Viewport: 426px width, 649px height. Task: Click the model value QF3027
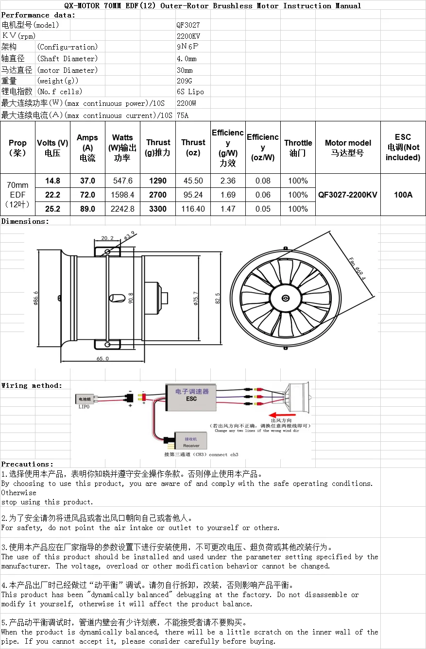click(x=188, y=25)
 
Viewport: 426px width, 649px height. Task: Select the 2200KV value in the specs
click(x=188, y=36)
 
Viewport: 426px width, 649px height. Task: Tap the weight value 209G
click(x=185, y=81)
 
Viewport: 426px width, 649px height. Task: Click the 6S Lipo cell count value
click(x=190, y=92)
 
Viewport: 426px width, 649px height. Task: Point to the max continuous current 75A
click(x=183, y=116)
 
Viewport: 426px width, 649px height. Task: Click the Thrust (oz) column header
click(x=193, y=148)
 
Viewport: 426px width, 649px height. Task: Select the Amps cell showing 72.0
click(x=87, y=195)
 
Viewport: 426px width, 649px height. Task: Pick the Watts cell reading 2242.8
click(x=122, y=209)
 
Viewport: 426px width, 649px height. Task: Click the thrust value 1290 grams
click(x=158, y=181)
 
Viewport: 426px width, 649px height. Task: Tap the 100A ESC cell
click(x=403, y=195)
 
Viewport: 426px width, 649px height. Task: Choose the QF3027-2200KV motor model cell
click(x=348, y=195)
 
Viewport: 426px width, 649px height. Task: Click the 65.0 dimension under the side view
click(x=102, y=359)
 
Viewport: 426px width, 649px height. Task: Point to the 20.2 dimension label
click(x=107, y=238)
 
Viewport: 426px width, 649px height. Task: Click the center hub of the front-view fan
click(x=284, y=299)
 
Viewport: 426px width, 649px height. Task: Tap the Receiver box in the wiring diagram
click(x=190, y=441)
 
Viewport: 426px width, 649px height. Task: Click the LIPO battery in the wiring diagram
click(x=84, y=399)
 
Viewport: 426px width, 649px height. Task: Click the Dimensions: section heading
click(x=25, y=221)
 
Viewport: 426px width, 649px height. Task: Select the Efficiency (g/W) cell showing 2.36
click(x=228, y=181)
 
